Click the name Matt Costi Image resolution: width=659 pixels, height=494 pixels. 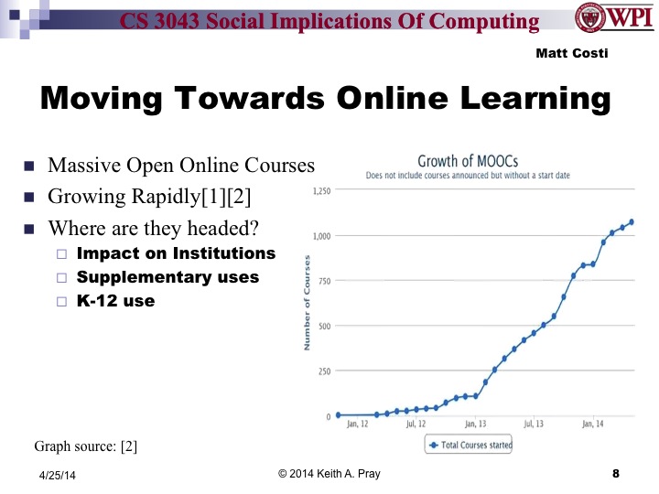coord(571,53)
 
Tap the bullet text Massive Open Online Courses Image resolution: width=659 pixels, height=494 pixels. coord(181,166)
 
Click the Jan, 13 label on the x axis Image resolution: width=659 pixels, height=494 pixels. coord(476,424)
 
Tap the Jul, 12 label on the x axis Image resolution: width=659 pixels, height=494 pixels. coord(416,424)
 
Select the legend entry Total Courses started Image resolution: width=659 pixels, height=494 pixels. coord(470,446)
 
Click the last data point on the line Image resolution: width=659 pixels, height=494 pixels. coord(632,221)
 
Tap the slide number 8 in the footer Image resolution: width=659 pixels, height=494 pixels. coord(615,474)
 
